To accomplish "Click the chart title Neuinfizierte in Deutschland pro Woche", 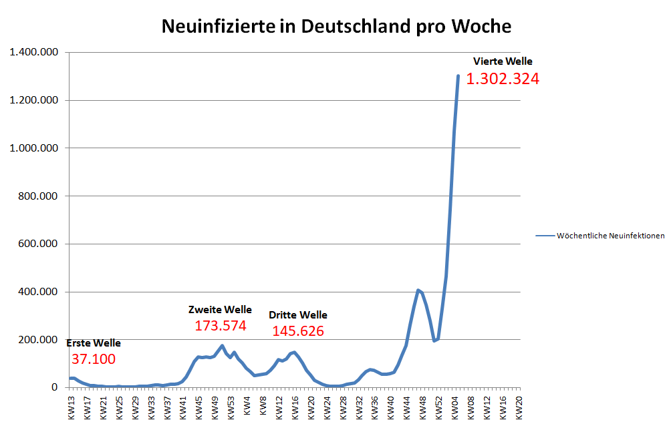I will coord(337,26).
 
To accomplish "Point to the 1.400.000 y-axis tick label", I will coord(33,52).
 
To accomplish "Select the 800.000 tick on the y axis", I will coord(37,196).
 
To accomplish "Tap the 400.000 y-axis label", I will coord(37,292).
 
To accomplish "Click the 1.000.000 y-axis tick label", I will coord(33,148).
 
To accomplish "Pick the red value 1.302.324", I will coord(503,79).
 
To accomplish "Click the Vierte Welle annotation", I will coord(503,61).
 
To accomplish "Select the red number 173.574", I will coord(221,326).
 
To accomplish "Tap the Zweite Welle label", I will coord(221,309).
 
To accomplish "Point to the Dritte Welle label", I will coord(298,314).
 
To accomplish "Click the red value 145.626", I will coord(298,331).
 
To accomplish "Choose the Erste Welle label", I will coord(94,343).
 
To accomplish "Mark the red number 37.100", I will coord(93,360).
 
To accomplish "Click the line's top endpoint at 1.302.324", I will coord(458,75).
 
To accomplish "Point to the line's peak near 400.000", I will coord(418,290).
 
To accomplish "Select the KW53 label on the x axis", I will coord(231,405).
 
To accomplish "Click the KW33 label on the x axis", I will coord(151,405).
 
